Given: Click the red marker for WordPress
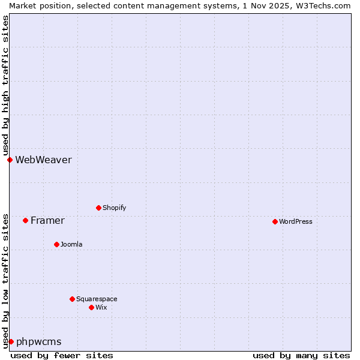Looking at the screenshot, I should [x=275, y=221].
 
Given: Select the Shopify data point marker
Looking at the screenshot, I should [x=98, y=208].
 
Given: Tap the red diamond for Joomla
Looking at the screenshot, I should [x=56, y=244].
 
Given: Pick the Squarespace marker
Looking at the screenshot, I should [x=72, y=299].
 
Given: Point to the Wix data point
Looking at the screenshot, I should [x=91, y=307].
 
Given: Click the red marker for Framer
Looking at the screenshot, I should [x=25, y=220].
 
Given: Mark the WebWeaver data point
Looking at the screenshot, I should [x=10, y=160].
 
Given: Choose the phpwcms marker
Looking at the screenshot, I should [x=11, y=341].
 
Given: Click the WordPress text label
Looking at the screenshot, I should [x=296, y=221].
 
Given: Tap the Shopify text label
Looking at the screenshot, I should [x=114, y=208].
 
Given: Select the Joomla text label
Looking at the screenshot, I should [x=71, y=244].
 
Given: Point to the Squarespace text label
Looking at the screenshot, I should [x=97, y=299].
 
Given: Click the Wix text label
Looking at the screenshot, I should [x=101, y=307].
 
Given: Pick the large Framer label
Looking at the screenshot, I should [x=47, y=220].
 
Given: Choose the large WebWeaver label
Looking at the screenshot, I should [x=43, y=160].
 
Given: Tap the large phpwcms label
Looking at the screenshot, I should [x=38, y=341].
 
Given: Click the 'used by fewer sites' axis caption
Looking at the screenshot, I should [x=62, y=355].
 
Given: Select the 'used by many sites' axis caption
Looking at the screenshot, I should [x=301, y=355].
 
